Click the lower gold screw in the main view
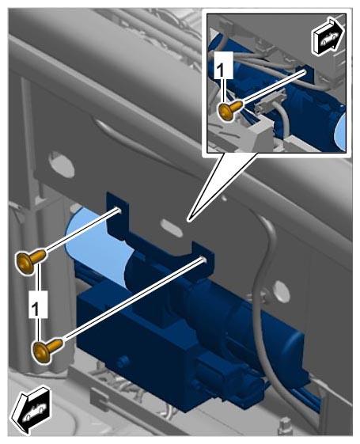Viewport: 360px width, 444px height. point(47,350)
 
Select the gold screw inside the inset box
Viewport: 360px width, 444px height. point(230,111)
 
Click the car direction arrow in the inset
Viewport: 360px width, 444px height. point(328,36)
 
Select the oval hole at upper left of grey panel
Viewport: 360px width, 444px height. point(62,164)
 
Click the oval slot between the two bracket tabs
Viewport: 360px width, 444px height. point(171,227)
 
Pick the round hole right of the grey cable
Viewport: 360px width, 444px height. point(282,291)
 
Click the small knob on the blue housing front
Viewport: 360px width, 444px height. point(123,362)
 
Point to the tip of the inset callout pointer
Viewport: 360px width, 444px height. point(189,220)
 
